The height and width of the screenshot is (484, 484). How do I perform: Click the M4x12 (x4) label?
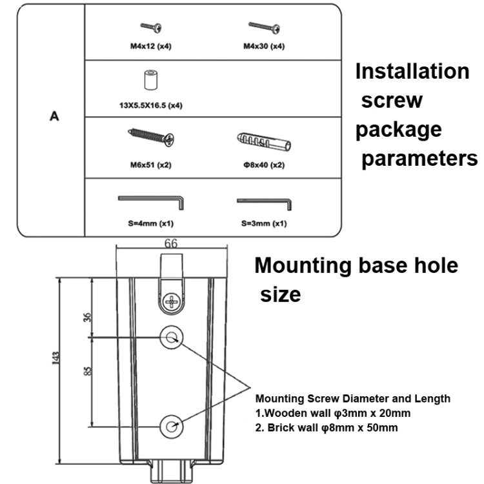tap(151, 46)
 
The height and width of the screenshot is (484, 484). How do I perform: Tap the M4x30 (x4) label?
tap(264, 46)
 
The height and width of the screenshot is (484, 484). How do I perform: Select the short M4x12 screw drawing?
tap(151, 26)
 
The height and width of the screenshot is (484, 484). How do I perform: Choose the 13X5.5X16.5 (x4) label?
tap(151, 105)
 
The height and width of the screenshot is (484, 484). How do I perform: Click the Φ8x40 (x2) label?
tap(264, 165)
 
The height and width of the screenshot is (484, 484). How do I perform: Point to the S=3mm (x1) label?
tap(264, 223)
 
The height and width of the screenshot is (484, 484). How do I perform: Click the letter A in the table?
tap(54, 117)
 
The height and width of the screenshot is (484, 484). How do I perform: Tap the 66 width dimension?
tap(171, 244)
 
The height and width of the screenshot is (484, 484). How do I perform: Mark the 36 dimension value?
tap(88, 316)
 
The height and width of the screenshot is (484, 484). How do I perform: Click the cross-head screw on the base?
tap(172, 300)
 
